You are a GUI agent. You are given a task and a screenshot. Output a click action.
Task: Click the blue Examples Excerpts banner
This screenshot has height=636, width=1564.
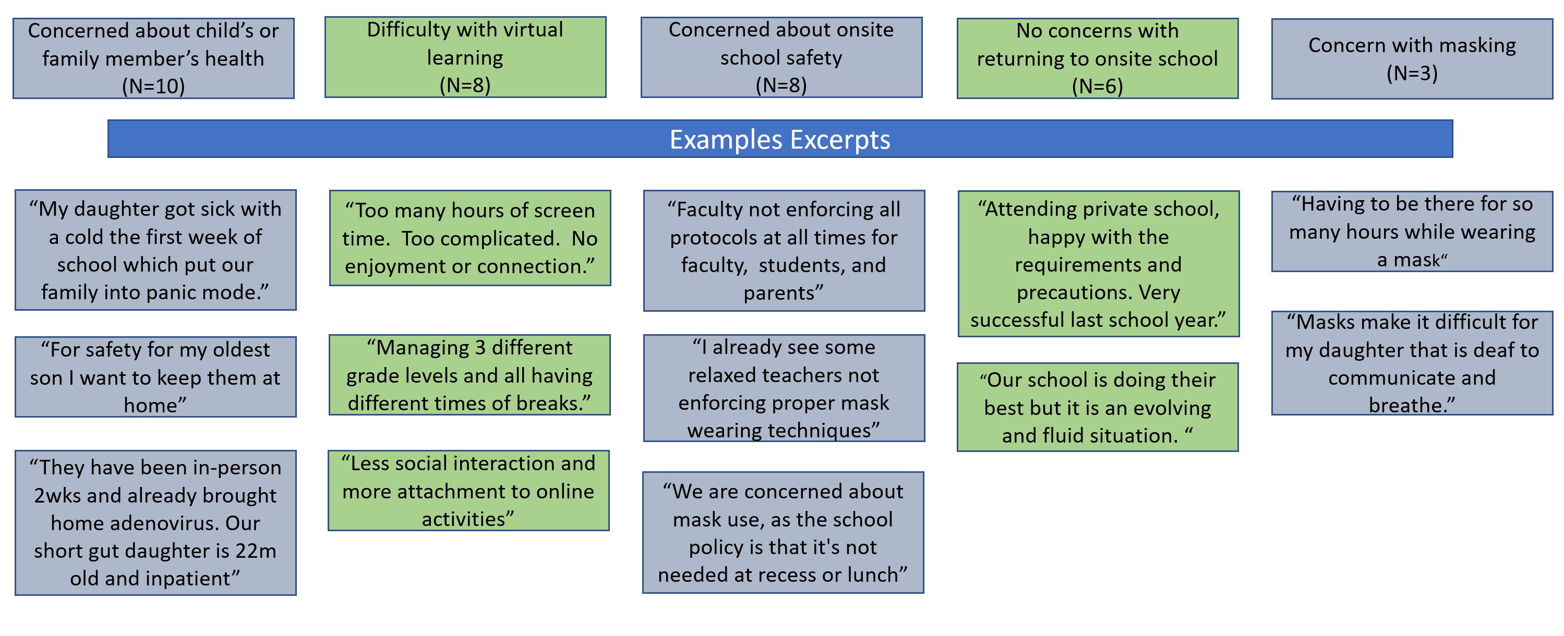tap(780, 139)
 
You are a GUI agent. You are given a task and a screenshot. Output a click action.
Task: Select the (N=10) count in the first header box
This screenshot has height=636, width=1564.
tap(153, 86)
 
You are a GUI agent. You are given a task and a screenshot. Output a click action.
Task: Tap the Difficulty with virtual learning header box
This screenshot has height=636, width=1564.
tap(465, 57)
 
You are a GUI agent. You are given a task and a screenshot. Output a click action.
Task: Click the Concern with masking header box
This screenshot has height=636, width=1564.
tap(1412, 59)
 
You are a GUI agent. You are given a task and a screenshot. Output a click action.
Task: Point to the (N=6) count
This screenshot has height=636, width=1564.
tap(1097, 86)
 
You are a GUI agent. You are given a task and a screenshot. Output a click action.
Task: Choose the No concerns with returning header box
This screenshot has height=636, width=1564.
tap(1098, 58)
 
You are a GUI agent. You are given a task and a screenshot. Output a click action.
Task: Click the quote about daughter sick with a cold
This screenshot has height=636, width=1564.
tap(155, 250)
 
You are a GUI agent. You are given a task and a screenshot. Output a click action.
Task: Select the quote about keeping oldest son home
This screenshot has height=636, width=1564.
tap(155, 377)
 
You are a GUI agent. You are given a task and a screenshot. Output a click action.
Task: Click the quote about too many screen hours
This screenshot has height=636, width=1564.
tap(470, 238)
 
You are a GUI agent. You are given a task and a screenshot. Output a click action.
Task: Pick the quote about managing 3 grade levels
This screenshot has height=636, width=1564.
tap(470, 375)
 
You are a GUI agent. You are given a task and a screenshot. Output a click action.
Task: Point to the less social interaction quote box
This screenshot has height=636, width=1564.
tap(468, 491)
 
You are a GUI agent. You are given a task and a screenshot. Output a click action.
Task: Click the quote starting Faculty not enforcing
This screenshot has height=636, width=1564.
tap(784, 251)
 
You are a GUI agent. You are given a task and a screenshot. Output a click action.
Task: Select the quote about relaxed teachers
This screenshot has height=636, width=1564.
tap(784, 388)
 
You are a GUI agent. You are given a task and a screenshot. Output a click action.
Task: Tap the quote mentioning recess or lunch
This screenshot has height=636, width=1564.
tap(783, 532)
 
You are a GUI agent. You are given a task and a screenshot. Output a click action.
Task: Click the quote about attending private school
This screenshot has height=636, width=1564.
tap(1098, 264)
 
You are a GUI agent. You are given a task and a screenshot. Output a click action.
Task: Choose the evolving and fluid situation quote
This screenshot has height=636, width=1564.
tap(1098, 407)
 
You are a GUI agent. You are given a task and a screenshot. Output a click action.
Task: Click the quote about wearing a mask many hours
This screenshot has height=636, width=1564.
tap(1412, 231)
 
